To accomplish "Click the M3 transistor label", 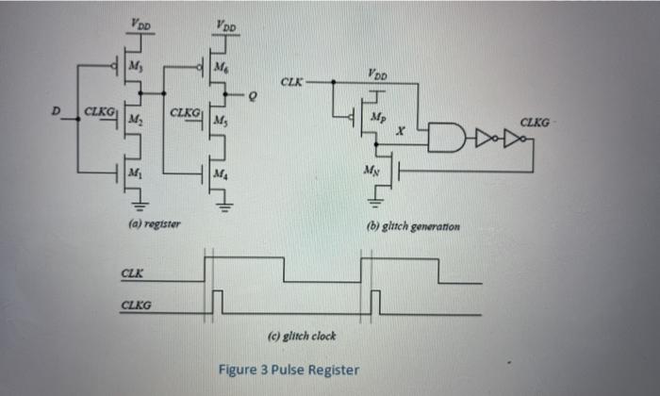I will click(134, 65).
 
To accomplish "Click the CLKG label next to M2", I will click(98, 114).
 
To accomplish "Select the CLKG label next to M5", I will click(184, 114).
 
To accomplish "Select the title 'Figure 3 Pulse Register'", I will click(288, 369).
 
